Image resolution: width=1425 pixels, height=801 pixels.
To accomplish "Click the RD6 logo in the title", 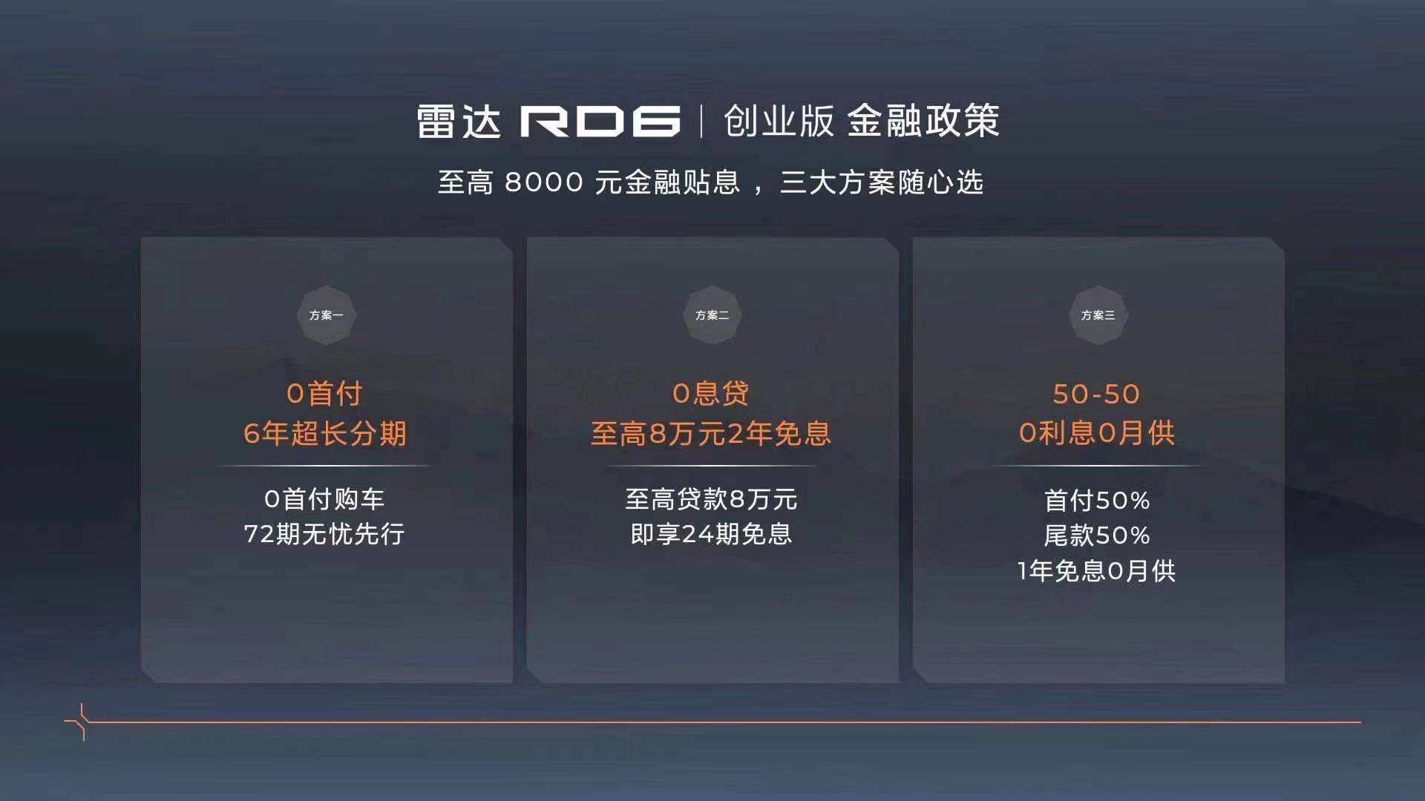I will [600, 122].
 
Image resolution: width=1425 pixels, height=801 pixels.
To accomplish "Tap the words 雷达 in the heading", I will [459, 122].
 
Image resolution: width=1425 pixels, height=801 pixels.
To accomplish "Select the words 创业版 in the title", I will [779, 121].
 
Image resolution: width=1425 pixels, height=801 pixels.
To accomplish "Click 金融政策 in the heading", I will [923, 121].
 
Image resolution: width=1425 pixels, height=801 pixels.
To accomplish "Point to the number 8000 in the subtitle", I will [544, 182].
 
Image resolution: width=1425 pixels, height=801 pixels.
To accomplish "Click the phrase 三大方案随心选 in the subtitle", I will [881, 182].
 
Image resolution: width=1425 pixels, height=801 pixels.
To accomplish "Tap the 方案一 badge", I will [327, 315].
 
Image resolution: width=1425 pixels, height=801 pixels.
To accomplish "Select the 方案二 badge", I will [712, 315].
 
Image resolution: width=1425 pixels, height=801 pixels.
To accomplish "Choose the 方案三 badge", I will [1098, 315].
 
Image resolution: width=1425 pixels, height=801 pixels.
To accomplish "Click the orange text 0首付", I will [325, 394].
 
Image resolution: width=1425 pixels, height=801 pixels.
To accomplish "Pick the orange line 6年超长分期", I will [325, 434].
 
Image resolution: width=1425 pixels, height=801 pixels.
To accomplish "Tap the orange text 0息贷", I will [711, 394].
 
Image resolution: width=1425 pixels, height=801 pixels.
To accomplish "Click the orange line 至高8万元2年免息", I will [711, 434].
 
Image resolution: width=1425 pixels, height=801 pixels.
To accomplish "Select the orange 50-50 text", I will [1096, 394].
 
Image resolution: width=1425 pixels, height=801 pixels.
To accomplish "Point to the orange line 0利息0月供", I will [1097, 433].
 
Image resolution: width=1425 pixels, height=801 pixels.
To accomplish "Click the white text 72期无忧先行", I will [324, 534].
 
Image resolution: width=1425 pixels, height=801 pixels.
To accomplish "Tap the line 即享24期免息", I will [711, 534].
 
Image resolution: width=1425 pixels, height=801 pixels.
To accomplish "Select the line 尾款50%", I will [1097, 535].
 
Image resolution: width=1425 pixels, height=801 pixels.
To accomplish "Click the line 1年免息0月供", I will [1096, 571].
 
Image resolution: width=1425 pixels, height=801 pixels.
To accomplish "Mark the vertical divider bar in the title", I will [701, 122].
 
